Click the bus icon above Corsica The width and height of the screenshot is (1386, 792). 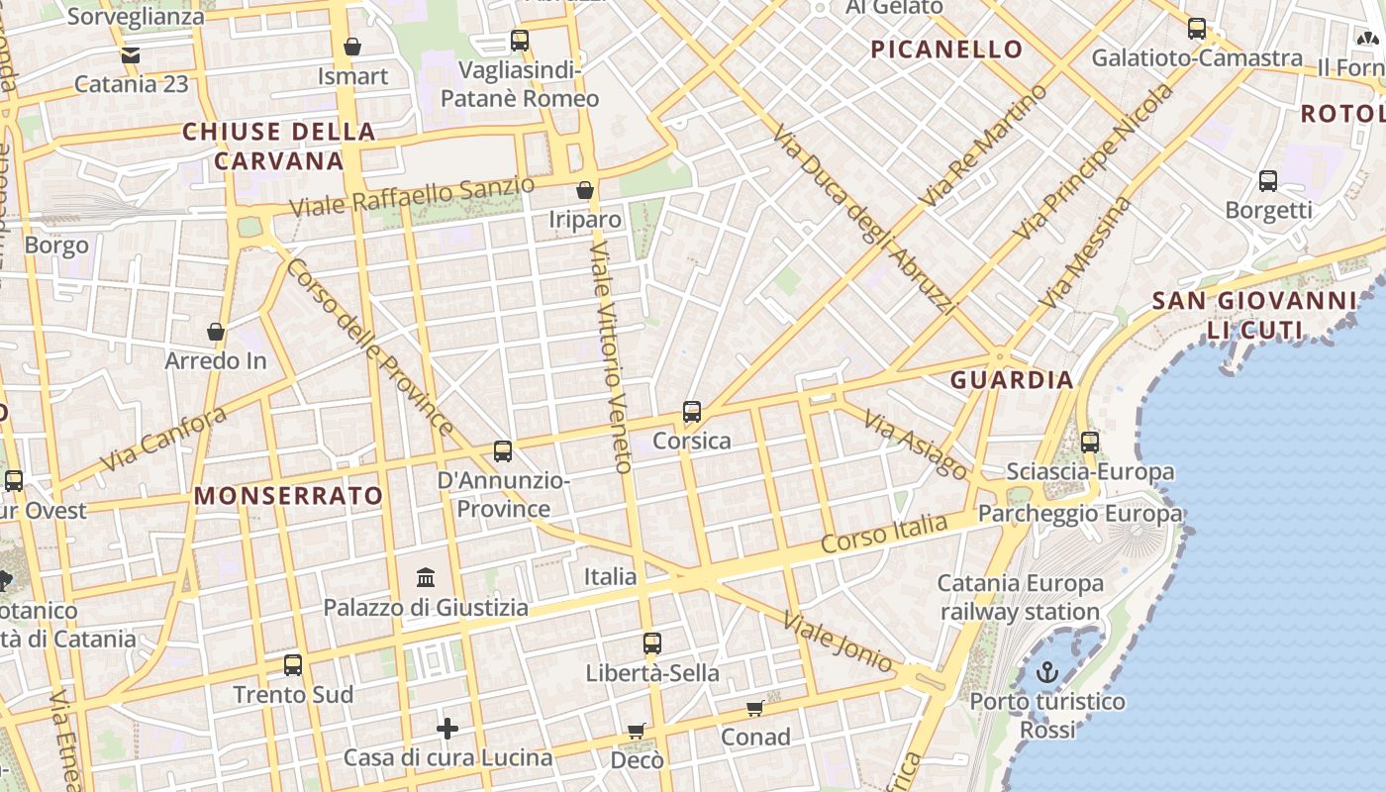(692, 412)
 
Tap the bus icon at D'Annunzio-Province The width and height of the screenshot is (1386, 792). (503, 451)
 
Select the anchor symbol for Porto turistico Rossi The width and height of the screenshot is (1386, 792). (1047, 673)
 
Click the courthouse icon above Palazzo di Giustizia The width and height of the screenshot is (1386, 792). (426, 576)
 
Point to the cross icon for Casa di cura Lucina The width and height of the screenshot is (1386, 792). (447, 730)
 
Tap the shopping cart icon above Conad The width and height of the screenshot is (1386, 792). (755, 708)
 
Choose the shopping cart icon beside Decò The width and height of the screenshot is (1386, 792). (637, 732)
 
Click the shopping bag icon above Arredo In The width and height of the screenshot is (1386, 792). (216, 332)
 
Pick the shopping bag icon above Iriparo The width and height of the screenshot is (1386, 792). (585, 190)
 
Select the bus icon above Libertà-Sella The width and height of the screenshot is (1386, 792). (651, 643)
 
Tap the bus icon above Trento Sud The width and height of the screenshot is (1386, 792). (293, 665)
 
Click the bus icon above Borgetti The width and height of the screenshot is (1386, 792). (1268, 181)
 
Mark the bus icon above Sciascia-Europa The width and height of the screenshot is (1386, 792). (1090, 443)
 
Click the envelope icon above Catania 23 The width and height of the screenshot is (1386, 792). (131, 55)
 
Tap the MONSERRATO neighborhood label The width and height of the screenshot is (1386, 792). (288, 496)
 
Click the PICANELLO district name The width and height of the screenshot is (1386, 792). (946, 49)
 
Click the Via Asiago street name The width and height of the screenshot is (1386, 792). (915, 445)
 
